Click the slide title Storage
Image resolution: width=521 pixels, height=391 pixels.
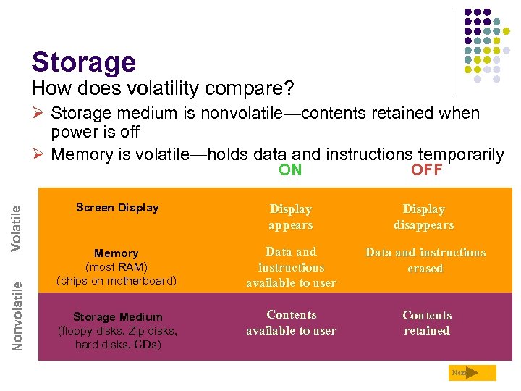(83, 62)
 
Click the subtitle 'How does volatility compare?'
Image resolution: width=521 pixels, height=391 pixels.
(163, 89)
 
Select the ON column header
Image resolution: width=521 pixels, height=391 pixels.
(290, 170)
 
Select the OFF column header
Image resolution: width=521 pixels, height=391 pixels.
(426, 170)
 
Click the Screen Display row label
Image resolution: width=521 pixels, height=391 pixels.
(117, 208)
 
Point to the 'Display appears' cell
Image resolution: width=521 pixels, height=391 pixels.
(290, 216)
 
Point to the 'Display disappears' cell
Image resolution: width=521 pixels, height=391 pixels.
(423, 216)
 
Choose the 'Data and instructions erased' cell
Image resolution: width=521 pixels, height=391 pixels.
(425, 260)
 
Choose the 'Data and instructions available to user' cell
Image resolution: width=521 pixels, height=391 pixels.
(291, 267)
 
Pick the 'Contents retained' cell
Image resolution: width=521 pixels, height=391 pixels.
(426, 323)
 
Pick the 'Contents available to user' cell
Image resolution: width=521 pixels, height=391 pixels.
(291, 323)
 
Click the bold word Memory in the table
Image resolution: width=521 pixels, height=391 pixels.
(116, 253)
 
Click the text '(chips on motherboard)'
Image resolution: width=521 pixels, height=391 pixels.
(116, 281)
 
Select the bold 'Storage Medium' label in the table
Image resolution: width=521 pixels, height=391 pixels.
(117, 316)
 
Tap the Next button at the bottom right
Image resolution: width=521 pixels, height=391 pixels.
(472, 373)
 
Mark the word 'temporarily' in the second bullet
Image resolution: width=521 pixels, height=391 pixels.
(460, 154)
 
